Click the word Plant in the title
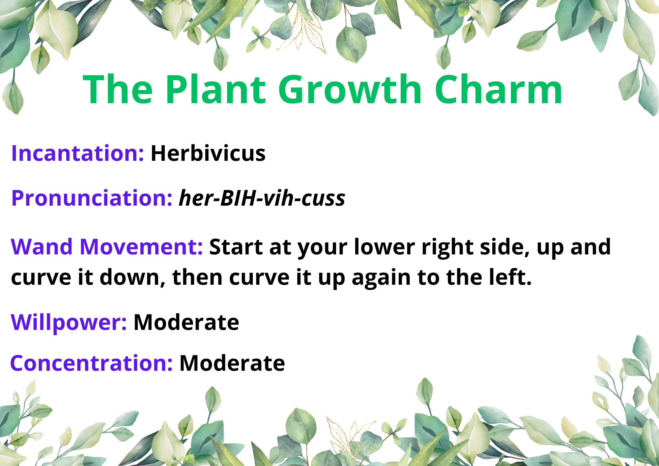pos(216,89)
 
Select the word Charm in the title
pos(499,89)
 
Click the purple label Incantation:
pos(77,153)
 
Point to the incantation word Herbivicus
pos(208,153)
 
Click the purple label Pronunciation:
pos(92,198)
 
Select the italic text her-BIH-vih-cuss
pos(262,198)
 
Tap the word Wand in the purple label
pos(42,247)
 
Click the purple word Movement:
pos(141,247)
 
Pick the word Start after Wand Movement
pos(236,247)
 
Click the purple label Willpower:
pos(69,323)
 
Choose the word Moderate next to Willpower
pos(186,322)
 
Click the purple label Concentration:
pos(92,363)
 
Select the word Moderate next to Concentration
pos(232,363)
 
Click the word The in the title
pos(118,89)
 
